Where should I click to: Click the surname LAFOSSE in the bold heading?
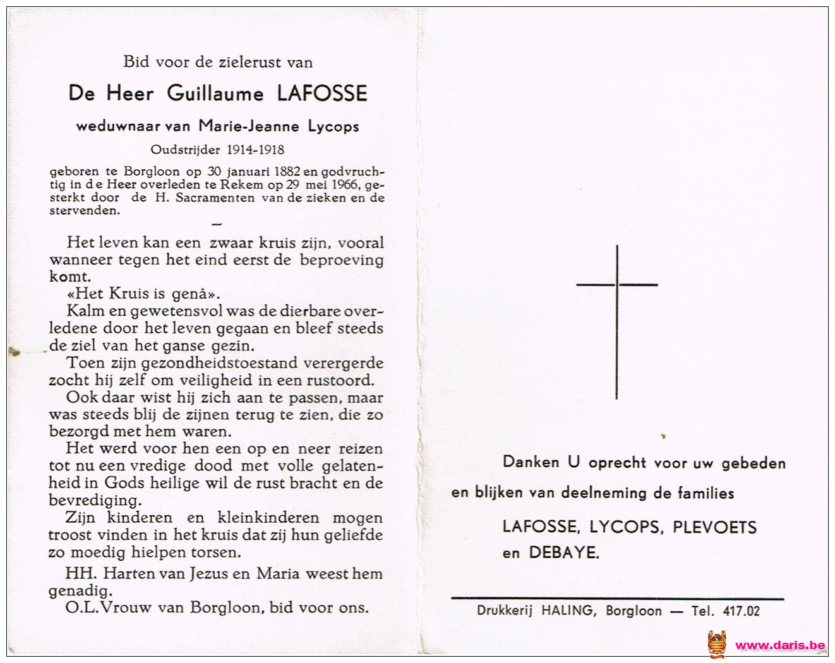point(322,94)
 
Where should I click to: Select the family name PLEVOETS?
point(714,527)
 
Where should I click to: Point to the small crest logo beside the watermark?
point(717,644)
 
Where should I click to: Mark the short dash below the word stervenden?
point(216,224)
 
